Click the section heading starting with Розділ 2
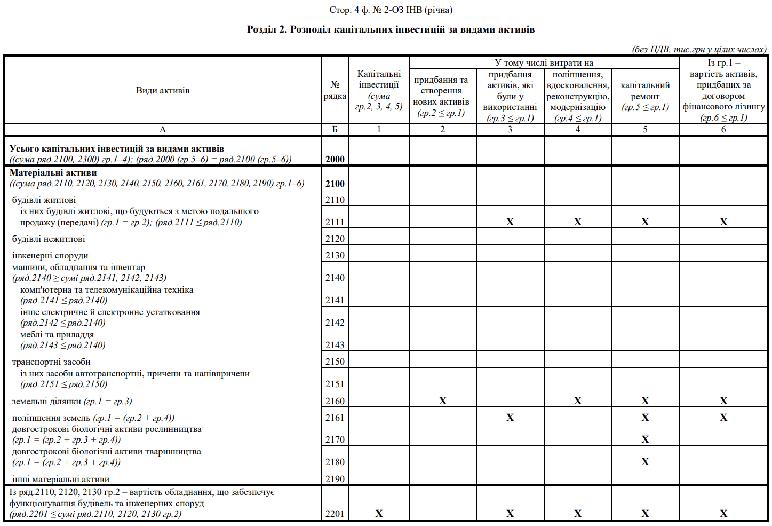point(391,29)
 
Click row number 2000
point(335,159)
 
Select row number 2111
point(335,222)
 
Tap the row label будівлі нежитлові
point(49,239)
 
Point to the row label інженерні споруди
point(50,256)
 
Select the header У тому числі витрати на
point(544,63)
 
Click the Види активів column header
point(163,90)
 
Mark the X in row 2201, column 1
point(379,514)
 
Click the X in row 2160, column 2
point(443,401)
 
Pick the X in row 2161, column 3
point(510,418)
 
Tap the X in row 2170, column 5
point(645,439)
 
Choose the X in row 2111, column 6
point(723,222)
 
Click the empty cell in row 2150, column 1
point(379,362)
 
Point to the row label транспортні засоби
point(51,362)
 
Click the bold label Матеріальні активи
point(53,173)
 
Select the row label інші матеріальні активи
point(61,480)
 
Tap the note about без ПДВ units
point(699,50)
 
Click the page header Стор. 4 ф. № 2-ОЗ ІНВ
point(391,10)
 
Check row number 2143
point(335,345)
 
